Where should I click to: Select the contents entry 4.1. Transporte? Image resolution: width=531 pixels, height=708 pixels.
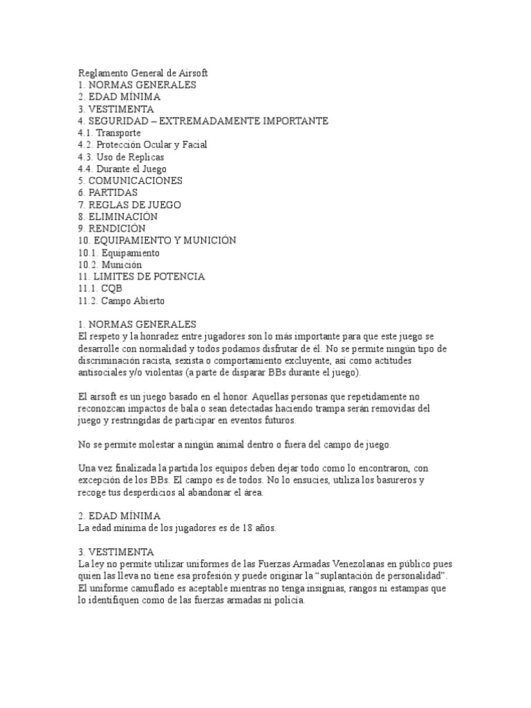tap(110, 133)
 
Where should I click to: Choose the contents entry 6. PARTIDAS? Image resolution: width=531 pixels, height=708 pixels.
tap(108, 193)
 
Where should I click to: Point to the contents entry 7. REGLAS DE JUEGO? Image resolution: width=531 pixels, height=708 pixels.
tap(129, 205)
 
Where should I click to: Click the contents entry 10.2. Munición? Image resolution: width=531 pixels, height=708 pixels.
tap(110, 265)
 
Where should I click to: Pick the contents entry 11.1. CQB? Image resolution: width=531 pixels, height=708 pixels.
tap(95, 288)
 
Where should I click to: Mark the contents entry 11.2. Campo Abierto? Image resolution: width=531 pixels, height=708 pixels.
tap(122, 301)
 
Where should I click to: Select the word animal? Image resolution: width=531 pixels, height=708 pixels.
tap(227, 445)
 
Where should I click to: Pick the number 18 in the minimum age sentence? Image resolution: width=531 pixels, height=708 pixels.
tap(238, 529)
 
